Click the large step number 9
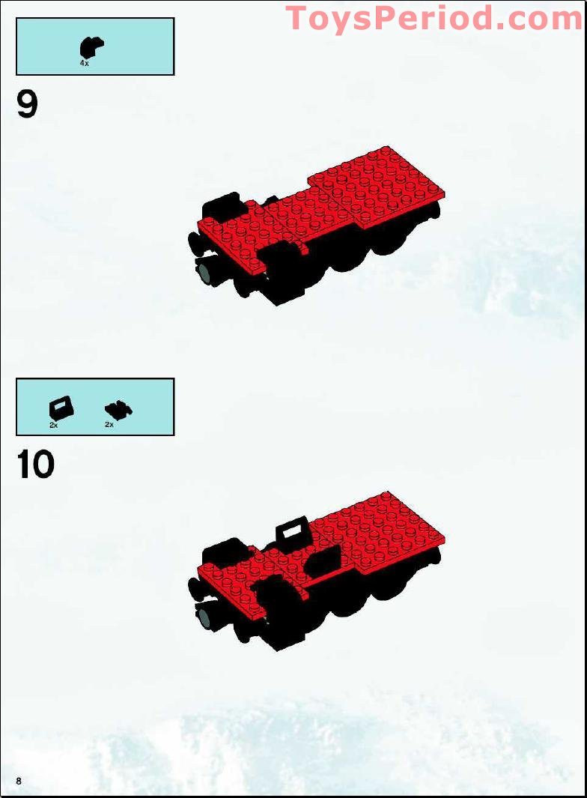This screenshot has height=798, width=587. [x=27, y=104]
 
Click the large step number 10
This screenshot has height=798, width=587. [x=35, y=465]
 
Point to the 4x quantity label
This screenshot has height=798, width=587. [x=85, y=64]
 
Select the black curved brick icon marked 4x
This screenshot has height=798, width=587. [x=91, y=46]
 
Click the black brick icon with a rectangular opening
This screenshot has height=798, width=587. [x=61, y=408]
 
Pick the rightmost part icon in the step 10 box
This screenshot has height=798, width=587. [x=118, y=409]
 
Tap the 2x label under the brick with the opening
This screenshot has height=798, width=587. [x=54, y=425]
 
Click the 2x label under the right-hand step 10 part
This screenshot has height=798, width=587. [x=109, y=425]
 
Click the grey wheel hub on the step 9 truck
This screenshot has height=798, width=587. [x=204, y=270]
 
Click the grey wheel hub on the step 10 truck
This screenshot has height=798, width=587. [x=204, y=617]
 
